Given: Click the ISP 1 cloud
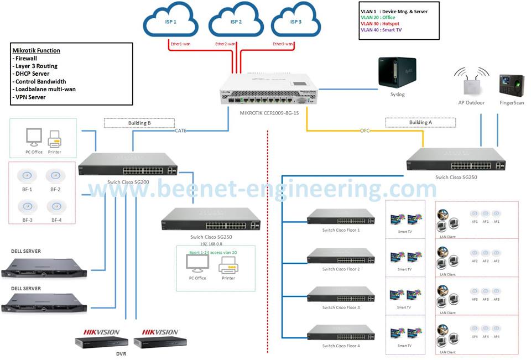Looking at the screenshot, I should point(170,23).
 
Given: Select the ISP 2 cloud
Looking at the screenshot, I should point(236,23).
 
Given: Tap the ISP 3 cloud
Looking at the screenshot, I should point(296,23).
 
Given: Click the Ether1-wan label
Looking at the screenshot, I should point(179,44).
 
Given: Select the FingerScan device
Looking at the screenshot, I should point(508,86).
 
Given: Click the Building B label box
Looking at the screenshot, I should point(138,123).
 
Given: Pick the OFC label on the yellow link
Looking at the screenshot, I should point(365,131).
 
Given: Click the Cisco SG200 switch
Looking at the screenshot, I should point(128,165).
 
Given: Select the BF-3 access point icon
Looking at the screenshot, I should point(26,206).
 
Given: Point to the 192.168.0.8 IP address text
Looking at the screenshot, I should point(212,243).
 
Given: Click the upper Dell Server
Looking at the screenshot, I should point(44,267).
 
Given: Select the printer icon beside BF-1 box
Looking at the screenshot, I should point(54,138).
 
